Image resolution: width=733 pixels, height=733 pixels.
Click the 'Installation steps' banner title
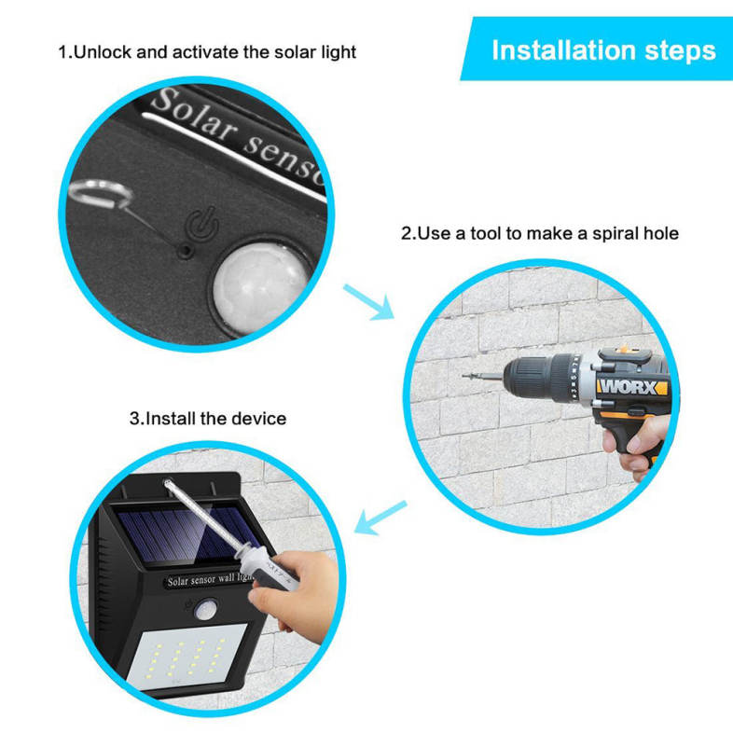(x=603, y=51)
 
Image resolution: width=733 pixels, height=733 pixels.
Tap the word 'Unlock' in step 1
(x=103, y=52)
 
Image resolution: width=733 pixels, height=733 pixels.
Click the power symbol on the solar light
(x=202, y=224)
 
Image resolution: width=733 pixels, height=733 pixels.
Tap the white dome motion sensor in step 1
(x=260, y=287)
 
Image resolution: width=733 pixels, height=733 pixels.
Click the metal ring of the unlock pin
(x=100, y=195)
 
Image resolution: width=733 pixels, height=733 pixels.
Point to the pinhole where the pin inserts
(x=186, y=252)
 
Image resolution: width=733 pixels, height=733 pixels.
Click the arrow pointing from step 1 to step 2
(x=369, y=302)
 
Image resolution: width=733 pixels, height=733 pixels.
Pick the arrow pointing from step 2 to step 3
(x=380, y=518)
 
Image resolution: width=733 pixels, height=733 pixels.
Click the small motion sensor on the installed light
(x=206, y=610)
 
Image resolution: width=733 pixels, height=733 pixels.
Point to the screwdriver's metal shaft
(x=207, y=515)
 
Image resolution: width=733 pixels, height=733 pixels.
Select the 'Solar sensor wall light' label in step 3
(x=211, y=580)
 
